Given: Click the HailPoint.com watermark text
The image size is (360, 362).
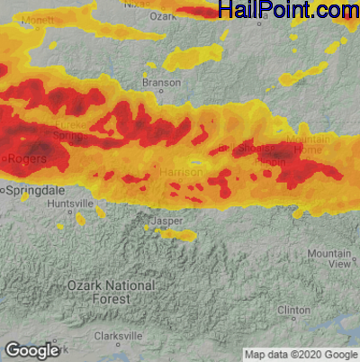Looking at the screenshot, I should pos(288,11).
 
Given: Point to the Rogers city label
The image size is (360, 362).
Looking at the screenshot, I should pos(27,159).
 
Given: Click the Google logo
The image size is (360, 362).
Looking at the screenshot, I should pos(31,350).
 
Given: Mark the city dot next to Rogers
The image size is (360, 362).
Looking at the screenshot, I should pos(5,159).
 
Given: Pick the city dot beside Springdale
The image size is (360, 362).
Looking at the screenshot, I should pos(4,191).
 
